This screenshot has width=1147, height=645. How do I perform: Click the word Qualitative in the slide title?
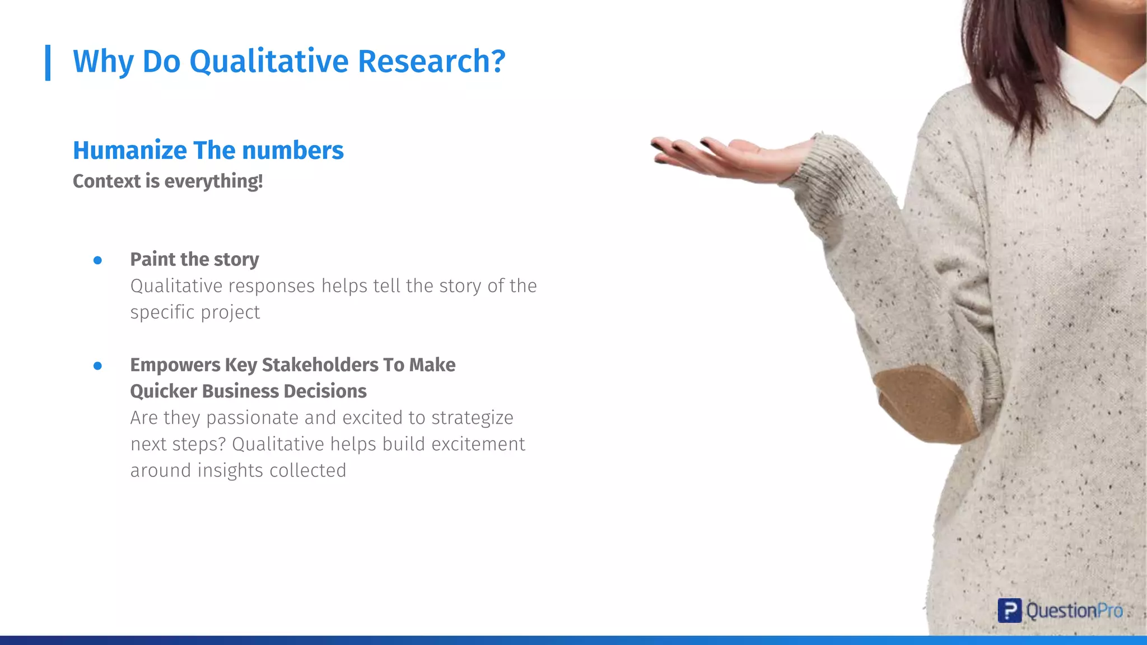(268, 62)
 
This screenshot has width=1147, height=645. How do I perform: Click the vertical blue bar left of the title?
(48, 63)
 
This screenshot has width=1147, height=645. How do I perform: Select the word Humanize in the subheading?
(130, 150)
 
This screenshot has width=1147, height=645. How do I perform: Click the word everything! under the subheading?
(213, 181)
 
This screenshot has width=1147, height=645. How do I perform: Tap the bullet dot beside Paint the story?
(97, 260)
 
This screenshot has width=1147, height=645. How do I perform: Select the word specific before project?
(162, 312)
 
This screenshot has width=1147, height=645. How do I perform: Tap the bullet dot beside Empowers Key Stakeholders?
(97, 366)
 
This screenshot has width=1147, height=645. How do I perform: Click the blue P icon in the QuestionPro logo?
(1009, 610)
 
